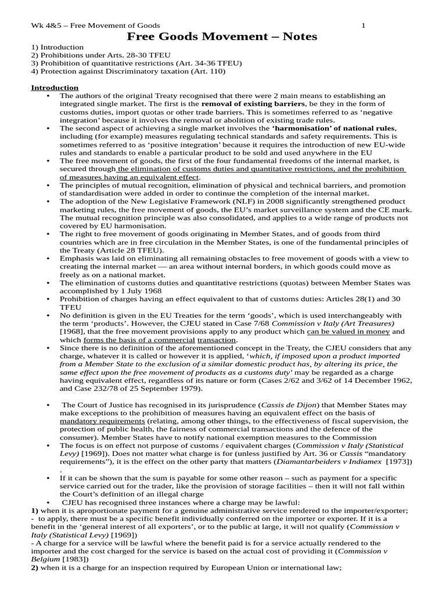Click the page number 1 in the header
pyautogui.click(x=364, y=26)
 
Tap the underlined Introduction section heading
pyautogui.click(x=54, y=88)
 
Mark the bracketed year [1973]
pyautogui.click(x=397, y=461)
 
